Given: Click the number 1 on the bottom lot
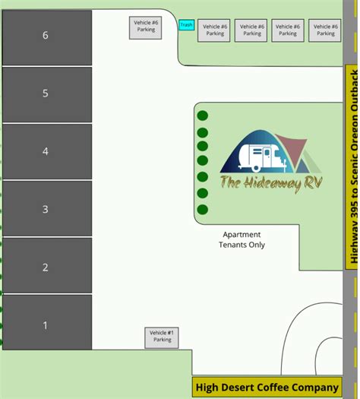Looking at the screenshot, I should [x=46, y=325].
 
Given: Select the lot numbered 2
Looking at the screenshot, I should [x=46, y=267].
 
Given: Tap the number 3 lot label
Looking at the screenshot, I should [x=46, y=209].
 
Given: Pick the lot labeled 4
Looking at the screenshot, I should [x=46, y=151].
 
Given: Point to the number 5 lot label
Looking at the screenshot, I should [x=46, y=93].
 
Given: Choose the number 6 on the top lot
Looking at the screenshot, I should [x=46, y=36].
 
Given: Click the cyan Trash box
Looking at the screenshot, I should [x=186, y=25].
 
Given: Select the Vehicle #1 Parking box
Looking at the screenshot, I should [x=162, y=337].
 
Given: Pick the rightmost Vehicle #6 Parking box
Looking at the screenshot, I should [x=325, y=30].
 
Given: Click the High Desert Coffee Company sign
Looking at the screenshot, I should [x=267, y=388].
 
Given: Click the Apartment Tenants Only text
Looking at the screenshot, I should [x=242, y=239].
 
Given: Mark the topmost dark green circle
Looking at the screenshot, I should [x=203, y=116].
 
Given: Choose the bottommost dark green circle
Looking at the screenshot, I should [x=203, y=210].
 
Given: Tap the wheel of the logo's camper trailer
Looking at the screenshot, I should [x=257, y=167].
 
